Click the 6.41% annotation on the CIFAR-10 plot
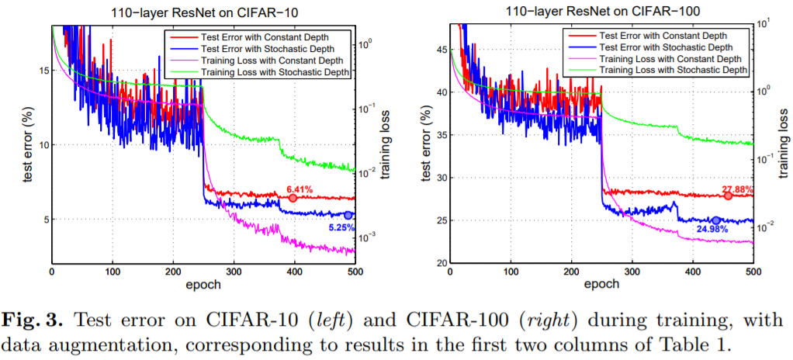coord(299,189)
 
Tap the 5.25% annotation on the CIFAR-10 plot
coord(341,227)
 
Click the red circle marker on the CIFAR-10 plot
coord(293,199)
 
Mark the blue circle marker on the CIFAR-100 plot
coord(715,220)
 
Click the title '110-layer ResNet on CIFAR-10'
coord(203,11)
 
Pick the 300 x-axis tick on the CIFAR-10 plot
coord(234,272)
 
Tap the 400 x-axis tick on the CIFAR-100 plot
coord(693,272)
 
